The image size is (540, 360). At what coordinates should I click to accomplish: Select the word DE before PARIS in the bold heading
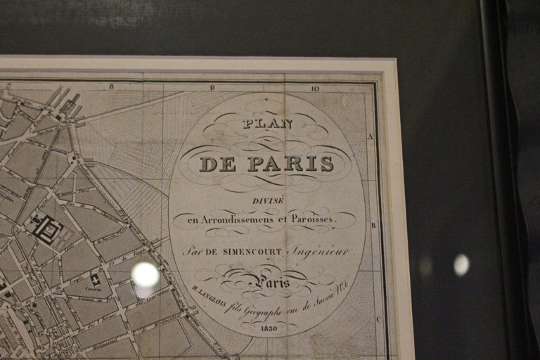218,165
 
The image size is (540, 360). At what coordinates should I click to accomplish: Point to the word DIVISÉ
269,201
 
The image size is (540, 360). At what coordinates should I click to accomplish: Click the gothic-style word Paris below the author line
274,283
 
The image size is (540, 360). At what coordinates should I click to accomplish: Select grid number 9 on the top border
212,88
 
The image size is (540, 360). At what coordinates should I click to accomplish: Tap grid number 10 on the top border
315,89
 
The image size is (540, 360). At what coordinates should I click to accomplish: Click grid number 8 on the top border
111,87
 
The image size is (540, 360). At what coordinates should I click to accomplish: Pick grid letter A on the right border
371,136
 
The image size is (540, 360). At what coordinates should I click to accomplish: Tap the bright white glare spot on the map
146,275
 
